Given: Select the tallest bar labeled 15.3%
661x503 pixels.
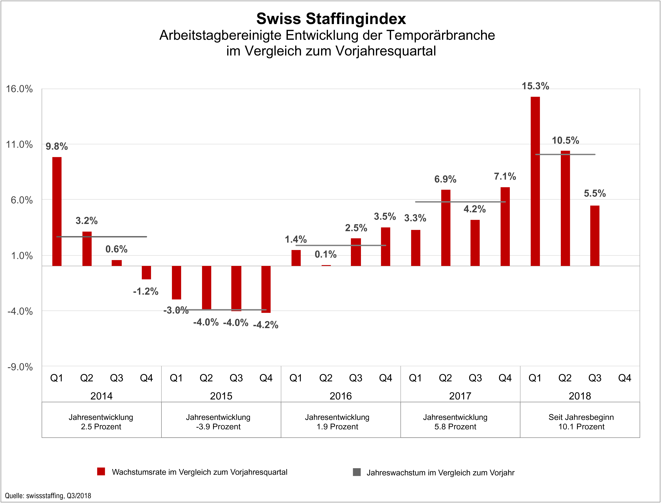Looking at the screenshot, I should click(535, 181).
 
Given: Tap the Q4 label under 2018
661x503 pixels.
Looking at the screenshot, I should click(625, 378).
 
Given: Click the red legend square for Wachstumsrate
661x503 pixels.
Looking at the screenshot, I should click(101, 472).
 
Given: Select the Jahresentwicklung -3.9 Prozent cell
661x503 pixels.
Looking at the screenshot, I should click(218, 422).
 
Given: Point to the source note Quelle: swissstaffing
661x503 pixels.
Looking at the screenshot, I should click(48, 495).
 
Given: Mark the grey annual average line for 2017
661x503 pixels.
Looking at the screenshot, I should click(461, 202).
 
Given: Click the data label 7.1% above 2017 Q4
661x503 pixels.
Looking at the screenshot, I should click(505, 176).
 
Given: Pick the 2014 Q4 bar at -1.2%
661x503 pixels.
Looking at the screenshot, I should click(146, 272).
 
